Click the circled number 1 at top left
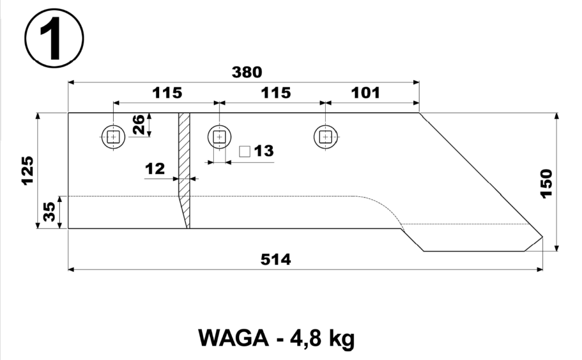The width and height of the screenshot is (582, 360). [54, 38]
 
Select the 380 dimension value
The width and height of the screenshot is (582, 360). [247, 72]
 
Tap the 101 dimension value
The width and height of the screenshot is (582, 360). [366, 93]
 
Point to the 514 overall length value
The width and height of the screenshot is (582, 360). [276, 259]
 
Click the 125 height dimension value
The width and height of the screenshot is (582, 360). [28, 171]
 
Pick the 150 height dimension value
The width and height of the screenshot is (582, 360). [547, 184]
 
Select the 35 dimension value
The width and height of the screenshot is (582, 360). [49, 212]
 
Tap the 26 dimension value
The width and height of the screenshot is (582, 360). [139, 125]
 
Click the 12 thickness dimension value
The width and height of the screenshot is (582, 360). [155, 169]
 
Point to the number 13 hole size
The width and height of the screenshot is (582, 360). [264, 151]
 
